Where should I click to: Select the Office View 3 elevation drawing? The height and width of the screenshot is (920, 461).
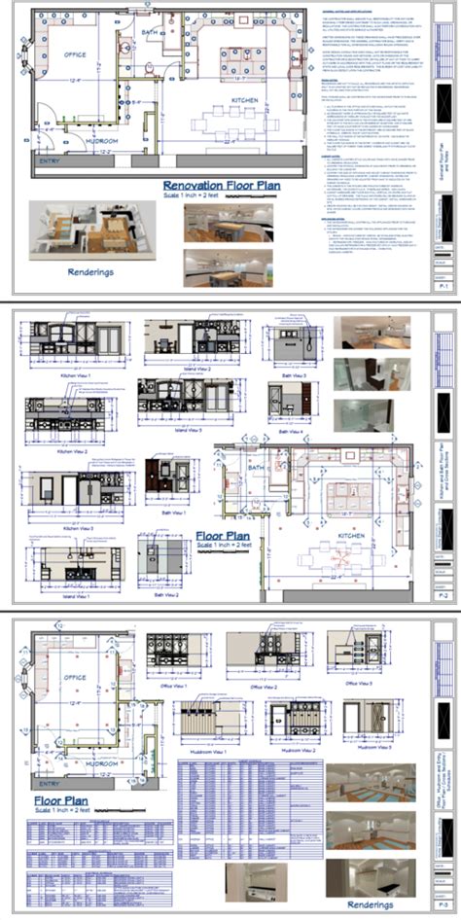tap(352, 655)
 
